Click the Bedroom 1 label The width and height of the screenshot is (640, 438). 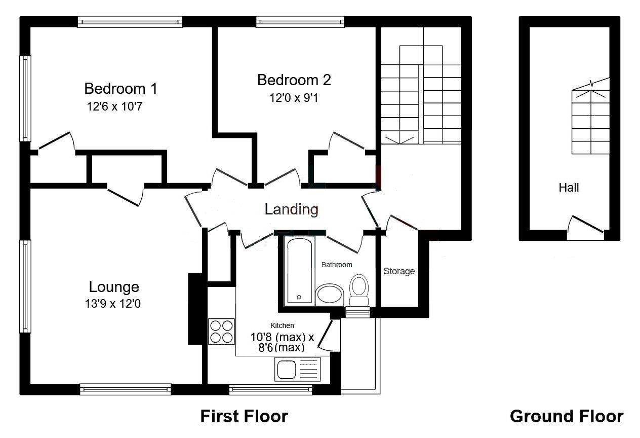click(121, 89)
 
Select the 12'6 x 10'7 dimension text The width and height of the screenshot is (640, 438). click(117, 106)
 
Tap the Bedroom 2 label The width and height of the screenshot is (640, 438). click(294, 80)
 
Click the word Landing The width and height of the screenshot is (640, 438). click(292, 209)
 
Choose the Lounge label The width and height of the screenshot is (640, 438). click(114, 287)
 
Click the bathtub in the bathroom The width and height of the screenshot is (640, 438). click(299, 271)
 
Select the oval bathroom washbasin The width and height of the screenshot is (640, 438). click(330, 295)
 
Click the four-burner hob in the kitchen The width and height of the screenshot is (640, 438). click(221, 332)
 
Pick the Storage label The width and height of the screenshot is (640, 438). click(399, 271)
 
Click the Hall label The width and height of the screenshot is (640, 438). click(569, 188)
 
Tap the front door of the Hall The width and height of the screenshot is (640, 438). click(586, 227)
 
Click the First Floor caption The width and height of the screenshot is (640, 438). click(244, 416)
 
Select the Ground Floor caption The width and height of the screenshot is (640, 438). click(566, 416)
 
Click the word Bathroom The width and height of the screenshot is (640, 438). click(337, 265)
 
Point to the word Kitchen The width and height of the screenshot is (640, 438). click(282, 325)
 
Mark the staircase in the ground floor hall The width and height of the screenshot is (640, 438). click(590, 122)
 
